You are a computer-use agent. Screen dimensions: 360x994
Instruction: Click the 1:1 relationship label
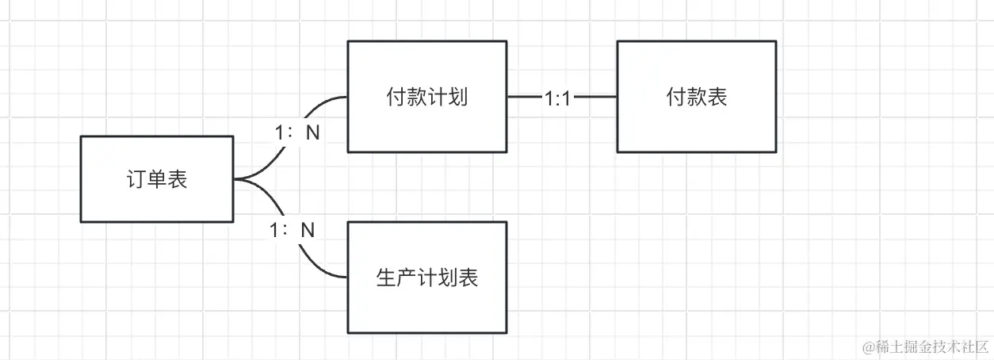[557, 98]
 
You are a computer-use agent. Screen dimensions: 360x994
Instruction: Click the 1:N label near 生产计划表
[292, 231]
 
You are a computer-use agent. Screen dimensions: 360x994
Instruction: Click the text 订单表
[156, 180]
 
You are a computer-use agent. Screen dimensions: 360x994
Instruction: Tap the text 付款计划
[426, 98]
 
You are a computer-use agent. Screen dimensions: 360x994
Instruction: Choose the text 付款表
[697, 98]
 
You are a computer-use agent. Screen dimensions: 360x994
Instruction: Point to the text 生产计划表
[426, 278]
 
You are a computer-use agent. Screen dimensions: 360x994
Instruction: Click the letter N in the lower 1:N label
[308, 231]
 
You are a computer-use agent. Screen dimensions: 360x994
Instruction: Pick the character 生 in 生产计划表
[386, 278]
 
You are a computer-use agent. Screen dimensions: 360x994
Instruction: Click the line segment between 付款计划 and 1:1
[523, 98]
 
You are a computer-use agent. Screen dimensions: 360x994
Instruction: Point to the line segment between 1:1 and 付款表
[594, 98]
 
